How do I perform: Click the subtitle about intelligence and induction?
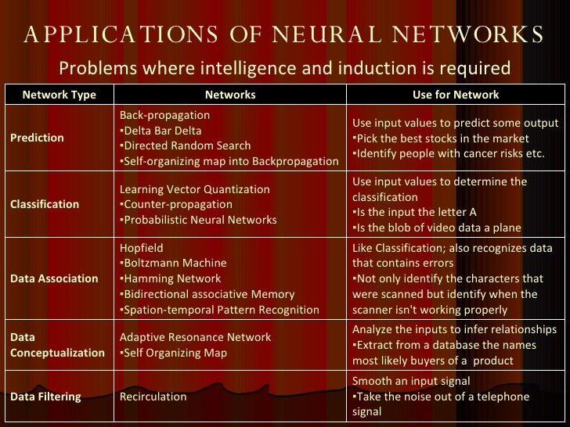pos(285,69)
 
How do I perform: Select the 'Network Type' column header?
pos(59,95)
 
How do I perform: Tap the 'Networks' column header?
pos(229,95)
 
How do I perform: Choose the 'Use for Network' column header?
pos(456,95)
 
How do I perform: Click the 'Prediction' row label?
pos(38,138)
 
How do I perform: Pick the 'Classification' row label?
pos(45,204)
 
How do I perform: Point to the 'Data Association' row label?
pos(54,278)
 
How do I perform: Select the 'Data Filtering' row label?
pos(46,396)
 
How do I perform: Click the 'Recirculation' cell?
pos(153,396)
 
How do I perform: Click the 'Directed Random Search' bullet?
pos(185,145)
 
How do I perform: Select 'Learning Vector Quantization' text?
pos(194,189)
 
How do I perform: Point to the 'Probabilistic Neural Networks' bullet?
pos(198,220)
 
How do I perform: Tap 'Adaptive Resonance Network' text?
pos(195,337)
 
